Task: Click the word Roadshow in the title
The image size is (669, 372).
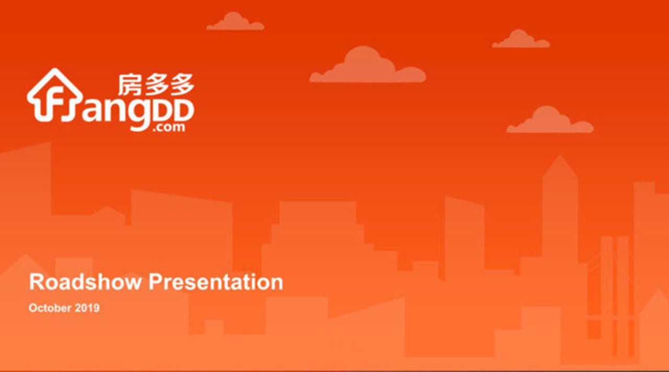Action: [x=85, y=281]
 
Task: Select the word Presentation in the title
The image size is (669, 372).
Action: [x=216, y=281]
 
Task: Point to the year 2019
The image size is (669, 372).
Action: [x=87, y=308]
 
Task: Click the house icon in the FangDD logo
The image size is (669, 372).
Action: [x=55, y=95]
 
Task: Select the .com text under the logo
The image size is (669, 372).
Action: [x=168, y=127]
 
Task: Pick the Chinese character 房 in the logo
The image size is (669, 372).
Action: [x=129, y=85]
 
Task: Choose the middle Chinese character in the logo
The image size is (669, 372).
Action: [x=156, y=85]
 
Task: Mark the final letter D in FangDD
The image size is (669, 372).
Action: [x=183, y=110]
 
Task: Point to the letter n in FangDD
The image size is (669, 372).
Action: [x=117, y=110]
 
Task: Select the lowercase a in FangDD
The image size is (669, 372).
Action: [x=93, y=111]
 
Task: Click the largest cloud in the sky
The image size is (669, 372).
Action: [x=367, y=64]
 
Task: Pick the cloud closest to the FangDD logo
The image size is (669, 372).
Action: [x=235, y=21]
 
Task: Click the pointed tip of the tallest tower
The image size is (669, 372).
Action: [x=560, y=155]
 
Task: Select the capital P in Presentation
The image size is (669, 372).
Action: [x=156, y=281]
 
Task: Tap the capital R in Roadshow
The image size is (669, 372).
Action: [x=37, y=281]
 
